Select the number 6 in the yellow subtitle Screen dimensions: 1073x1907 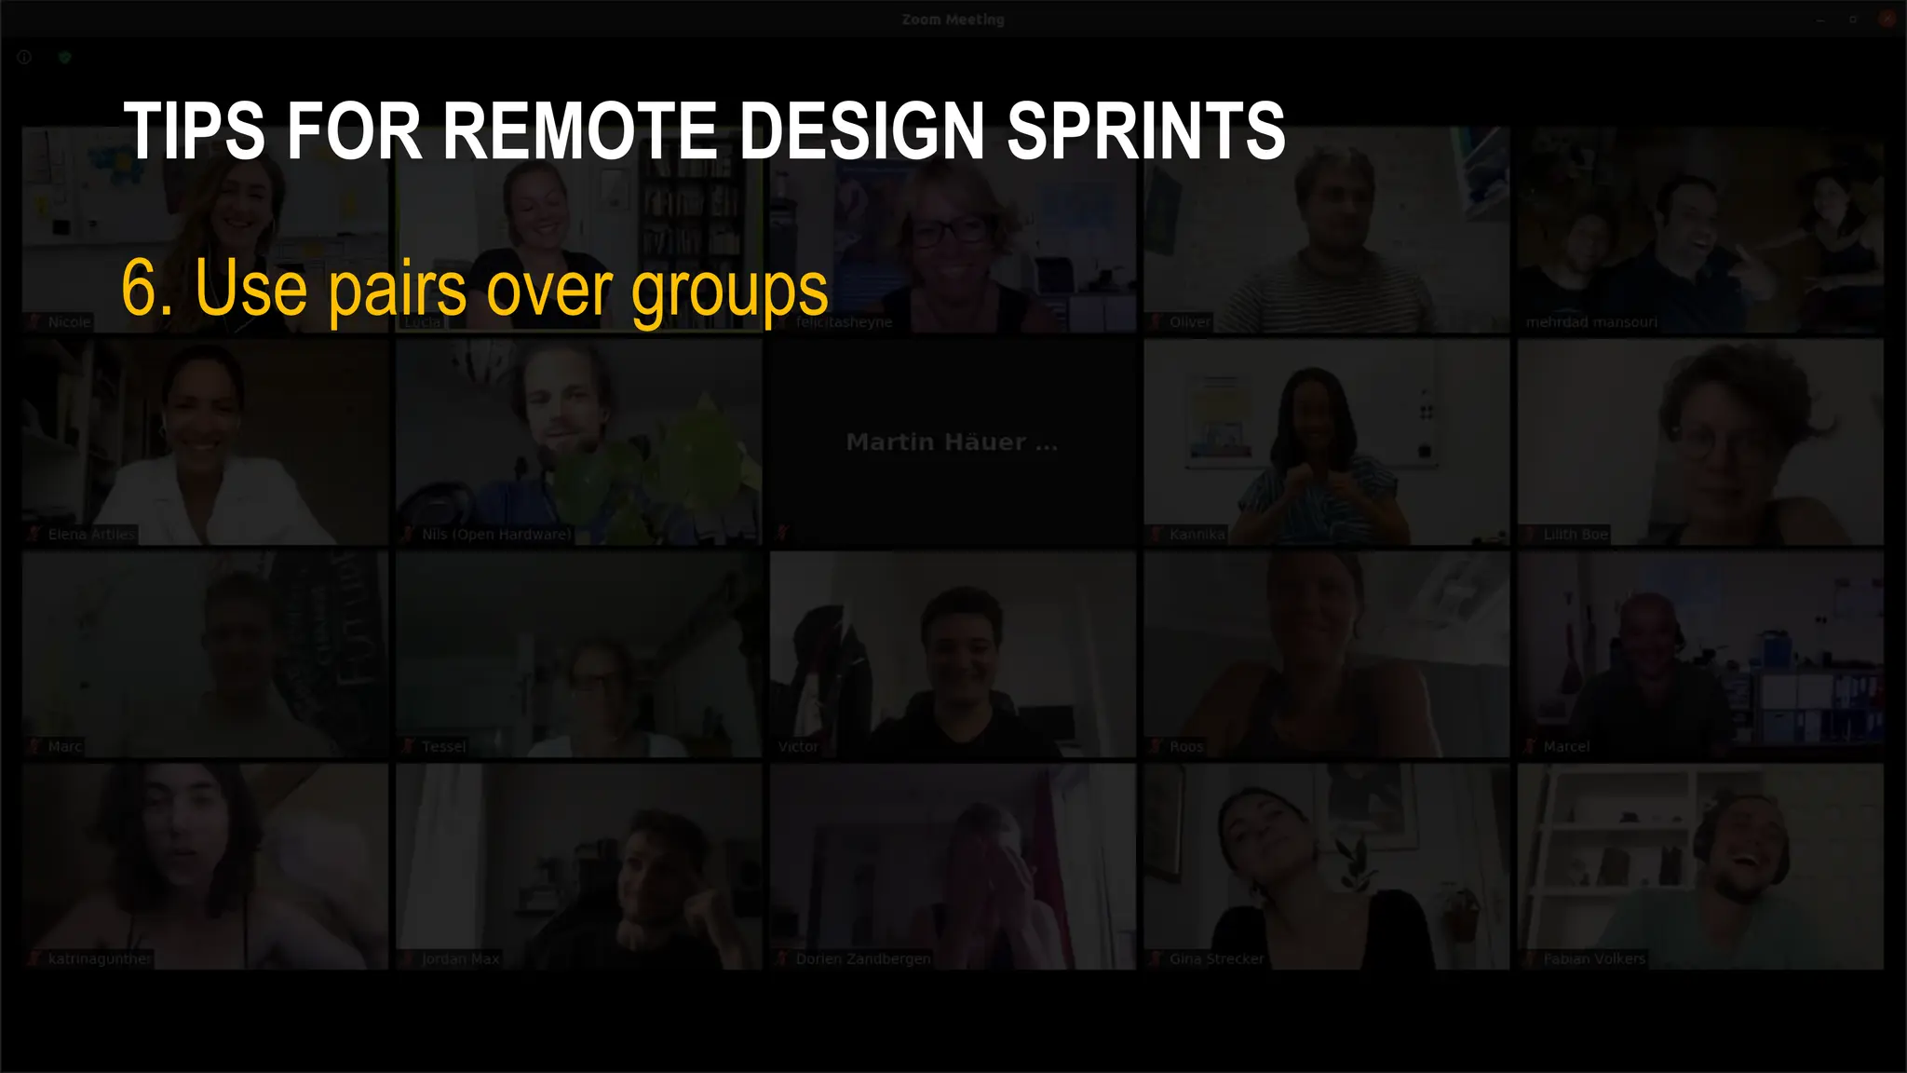coord(141,289)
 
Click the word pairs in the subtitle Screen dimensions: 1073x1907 coord(397,291)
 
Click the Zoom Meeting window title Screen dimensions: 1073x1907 coord(953,20)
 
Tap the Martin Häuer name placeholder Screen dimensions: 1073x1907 coord(952,442)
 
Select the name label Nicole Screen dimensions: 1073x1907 coord(69,322)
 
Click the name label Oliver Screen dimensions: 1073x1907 coord(1190,322)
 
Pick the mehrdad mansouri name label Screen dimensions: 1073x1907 coord(1591,322)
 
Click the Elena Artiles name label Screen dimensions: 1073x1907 coord(91,535)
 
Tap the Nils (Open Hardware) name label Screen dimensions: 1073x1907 coord(496,535)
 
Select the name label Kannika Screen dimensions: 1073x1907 coord(1197,535)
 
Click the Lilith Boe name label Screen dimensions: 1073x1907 coord(1576,535)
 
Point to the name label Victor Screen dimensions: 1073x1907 coord(798,747)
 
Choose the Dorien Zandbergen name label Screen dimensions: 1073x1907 coord(863,959)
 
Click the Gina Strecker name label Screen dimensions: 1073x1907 coord(1217,959)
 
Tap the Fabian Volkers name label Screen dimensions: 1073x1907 coord(1594,959)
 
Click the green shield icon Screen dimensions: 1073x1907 coord(64,58)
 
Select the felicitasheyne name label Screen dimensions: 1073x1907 coord(844,322)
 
